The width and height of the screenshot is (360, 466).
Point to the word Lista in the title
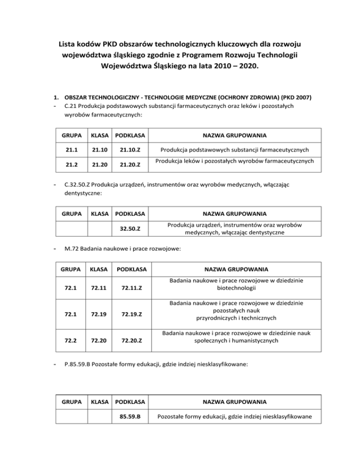tap(69, 45)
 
